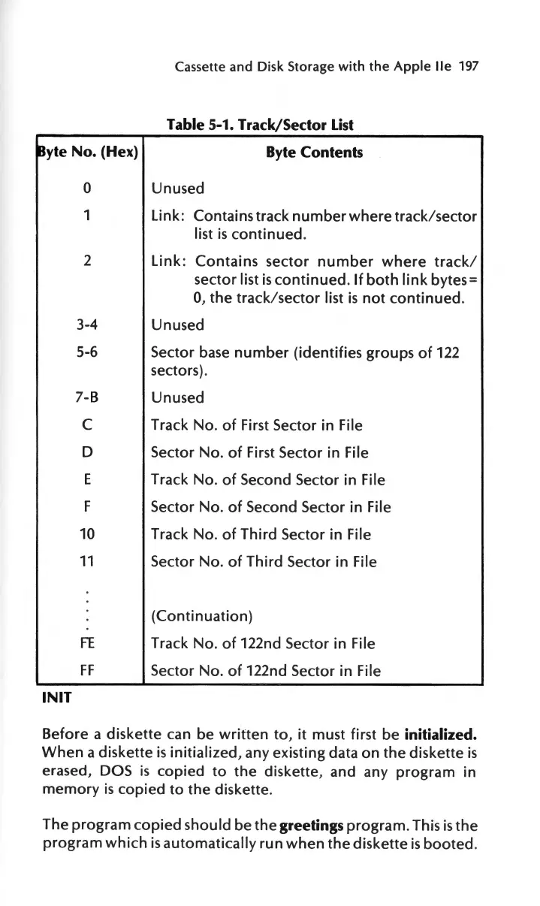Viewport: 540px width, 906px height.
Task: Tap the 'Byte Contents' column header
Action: pos(315,153)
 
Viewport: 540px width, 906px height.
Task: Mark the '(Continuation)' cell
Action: pos(201,617)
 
